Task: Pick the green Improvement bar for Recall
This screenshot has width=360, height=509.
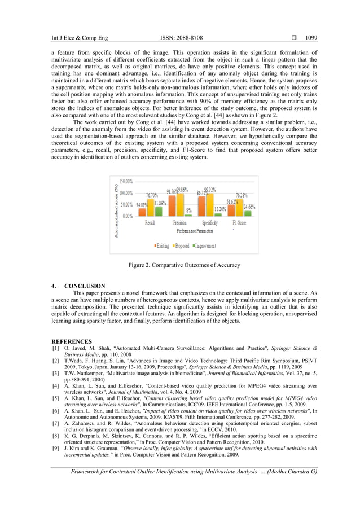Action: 160,212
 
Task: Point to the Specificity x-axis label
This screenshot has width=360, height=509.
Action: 210,223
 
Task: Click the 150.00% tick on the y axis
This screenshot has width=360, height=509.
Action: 125,182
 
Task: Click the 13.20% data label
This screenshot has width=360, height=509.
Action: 220,209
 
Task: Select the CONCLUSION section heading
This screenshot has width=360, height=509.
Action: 84,286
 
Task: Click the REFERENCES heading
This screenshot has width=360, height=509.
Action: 72,342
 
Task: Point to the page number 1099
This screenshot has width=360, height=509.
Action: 311,38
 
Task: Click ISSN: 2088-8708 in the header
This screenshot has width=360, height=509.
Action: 182,38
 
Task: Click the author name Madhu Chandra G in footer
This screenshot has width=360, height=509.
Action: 292,471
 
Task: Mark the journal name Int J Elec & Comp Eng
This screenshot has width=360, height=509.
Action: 77,38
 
